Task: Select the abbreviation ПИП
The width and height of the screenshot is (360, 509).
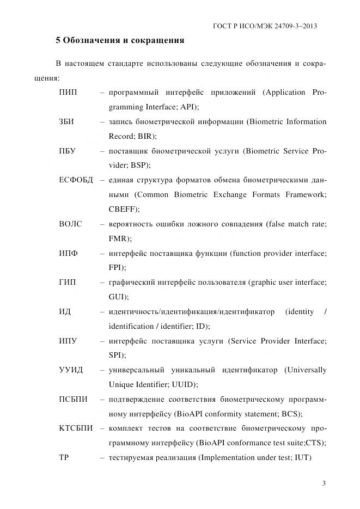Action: pyautogui.click(x=68, y=92)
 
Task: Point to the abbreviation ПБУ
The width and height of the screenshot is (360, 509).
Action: pyautogui.click(x=68, y=151)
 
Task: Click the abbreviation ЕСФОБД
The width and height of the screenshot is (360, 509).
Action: pyautogui.click(x=76, y=180)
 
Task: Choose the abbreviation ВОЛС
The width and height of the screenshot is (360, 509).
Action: pyautogui.click(x=71, y=224)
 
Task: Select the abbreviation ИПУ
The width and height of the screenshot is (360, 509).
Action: pyautogui.click(x=68, y=341)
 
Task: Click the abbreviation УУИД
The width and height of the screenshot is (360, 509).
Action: pyautogui.click(x=71, y=370)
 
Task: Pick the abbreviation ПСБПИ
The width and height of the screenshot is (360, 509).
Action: pyautogui.click(x=73, y=400)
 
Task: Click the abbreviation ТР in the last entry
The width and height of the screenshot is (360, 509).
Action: pyautogui.click(x=63, y=458)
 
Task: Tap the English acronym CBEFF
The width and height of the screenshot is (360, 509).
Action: pyautogui.click(x=123, y=209)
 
